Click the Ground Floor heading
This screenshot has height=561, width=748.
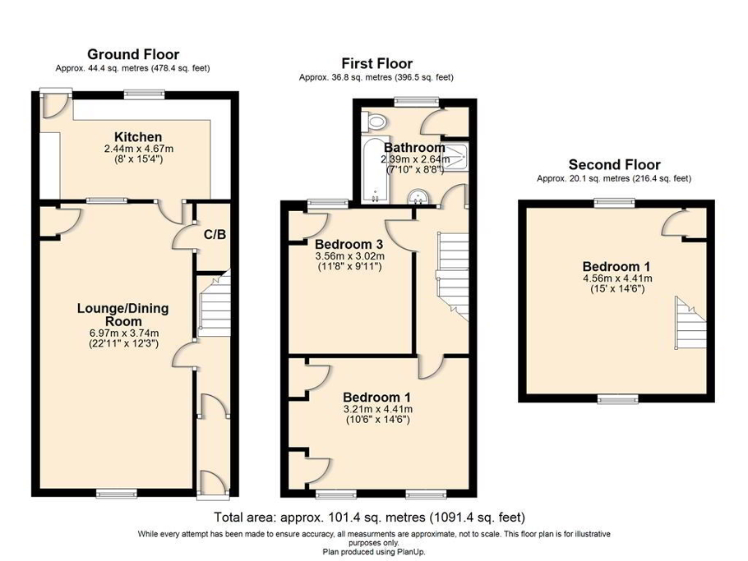click(132, 55)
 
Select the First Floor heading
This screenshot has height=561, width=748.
click(376, 63)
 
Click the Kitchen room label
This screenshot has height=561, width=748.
click(138, 136)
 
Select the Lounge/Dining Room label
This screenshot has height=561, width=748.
click(122, 315)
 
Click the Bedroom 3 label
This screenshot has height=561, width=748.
click(349, 243)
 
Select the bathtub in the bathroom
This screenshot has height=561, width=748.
click(372, 170)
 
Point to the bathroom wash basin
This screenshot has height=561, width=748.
click(419, 195)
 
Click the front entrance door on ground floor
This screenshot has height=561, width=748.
click(211, 484)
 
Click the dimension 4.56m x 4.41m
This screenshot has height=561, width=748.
click(616, 278)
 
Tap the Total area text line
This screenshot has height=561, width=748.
click(369, 517)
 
